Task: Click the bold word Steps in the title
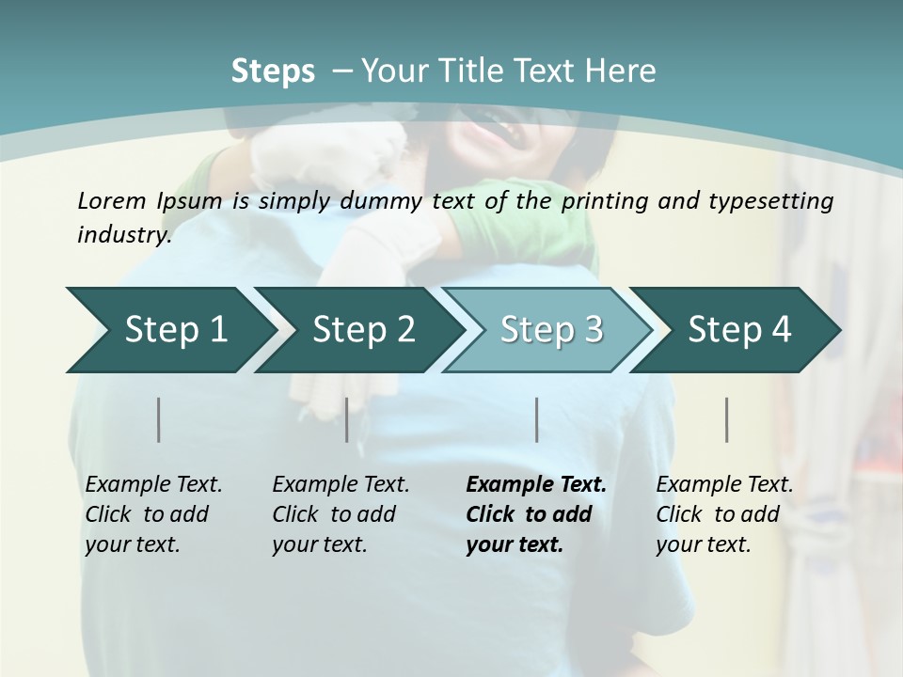point(273,71)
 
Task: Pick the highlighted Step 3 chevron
point(551,330)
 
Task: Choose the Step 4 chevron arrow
point(739,330)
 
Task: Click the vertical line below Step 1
point(159,419)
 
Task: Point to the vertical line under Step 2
point(347,419)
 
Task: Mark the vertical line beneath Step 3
point(537,419)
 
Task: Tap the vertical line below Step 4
point(727,419)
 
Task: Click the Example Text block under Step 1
point(153,514)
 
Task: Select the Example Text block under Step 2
point(341,514)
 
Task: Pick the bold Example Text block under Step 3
point(536,514)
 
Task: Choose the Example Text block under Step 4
point(724,514)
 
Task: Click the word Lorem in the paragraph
point(112,200)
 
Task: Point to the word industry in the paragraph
point(123,235)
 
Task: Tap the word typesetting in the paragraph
point(779,200)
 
